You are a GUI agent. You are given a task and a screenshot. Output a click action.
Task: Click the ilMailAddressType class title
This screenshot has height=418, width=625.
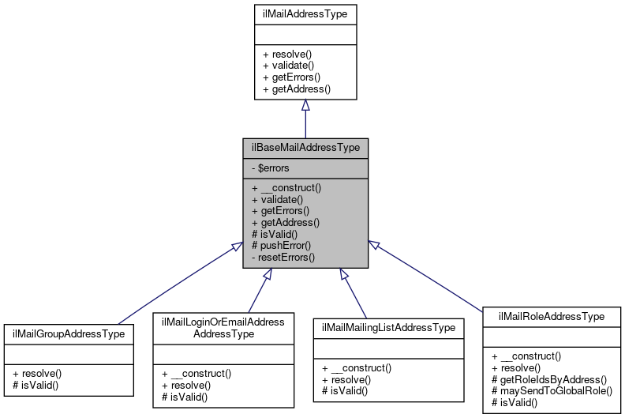click(305, 13)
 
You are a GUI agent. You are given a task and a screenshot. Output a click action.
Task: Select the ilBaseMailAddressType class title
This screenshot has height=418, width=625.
click(305, 147)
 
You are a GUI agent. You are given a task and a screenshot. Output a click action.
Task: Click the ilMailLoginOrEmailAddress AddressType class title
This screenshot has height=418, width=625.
click(223, 327)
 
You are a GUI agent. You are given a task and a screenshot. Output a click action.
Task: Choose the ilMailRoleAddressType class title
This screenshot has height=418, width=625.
click(551, 316)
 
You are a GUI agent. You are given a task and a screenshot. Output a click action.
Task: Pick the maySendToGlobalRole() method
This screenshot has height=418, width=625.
click(551, 391)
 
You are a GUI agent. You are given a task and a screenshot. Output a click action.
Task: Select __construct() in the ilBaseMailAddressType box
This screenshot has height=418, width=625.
click(288, 188)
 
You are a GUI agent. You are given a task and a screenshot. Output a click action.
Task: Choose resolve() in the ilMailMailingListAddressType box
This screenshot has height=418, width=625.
click(348, 379)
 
